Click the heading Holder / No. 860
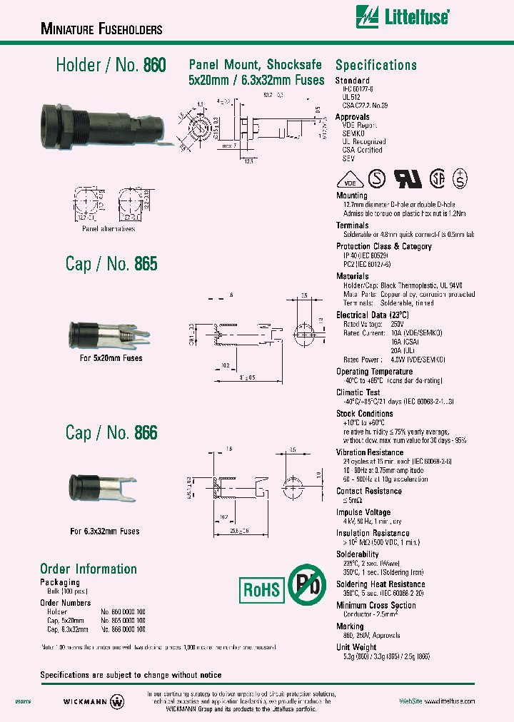pos(111,65)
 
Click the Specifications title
pos(376,65)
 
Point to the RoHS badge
pos(263,590)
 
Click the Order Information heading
pos(89,569)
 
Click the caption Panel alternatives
pos(108,228)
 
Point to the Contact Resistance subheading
pos(368,491)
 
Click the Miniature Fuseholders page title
pos(101,29)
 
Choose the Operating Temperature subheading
pos(374,372)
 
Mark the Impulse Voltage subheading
pos(363,512)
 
